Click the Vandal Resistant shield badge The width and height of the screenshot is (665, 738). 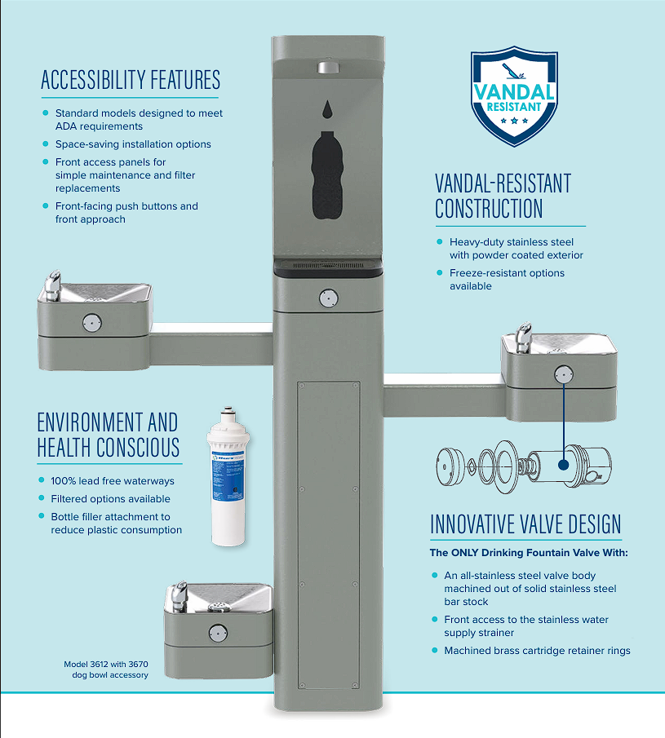coord(514,96)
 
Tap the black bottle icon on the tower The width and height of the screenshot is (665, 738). coord(327,175)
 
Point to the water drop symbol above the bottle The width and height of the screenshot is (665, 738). coord(327,109)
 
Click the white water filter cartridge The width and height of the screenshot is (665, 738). coord(228,476)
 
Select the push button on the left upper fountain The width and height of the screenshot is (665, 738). coord(92,323)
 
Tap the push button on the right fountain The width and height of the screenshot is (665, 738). coord(564,374)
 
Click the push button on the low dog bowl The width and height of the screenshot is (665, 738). coord(218,633)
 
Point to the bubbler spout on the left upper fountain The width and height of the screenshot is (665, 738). coord(53,285)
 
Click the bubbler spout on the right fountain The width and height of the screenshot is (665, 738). coord(523,337)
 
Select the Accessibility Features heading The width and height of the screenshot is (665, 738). coord(131,80)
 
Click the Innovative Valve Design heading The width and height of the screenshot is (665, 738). coord(525,524)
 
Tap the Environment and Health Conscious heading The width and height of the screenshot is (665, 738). coord(109,435)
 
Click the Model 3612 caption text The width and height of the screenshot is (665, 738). coord(106,670)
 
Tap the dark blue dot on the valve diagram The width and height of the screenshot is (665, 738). coord(563,465)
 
